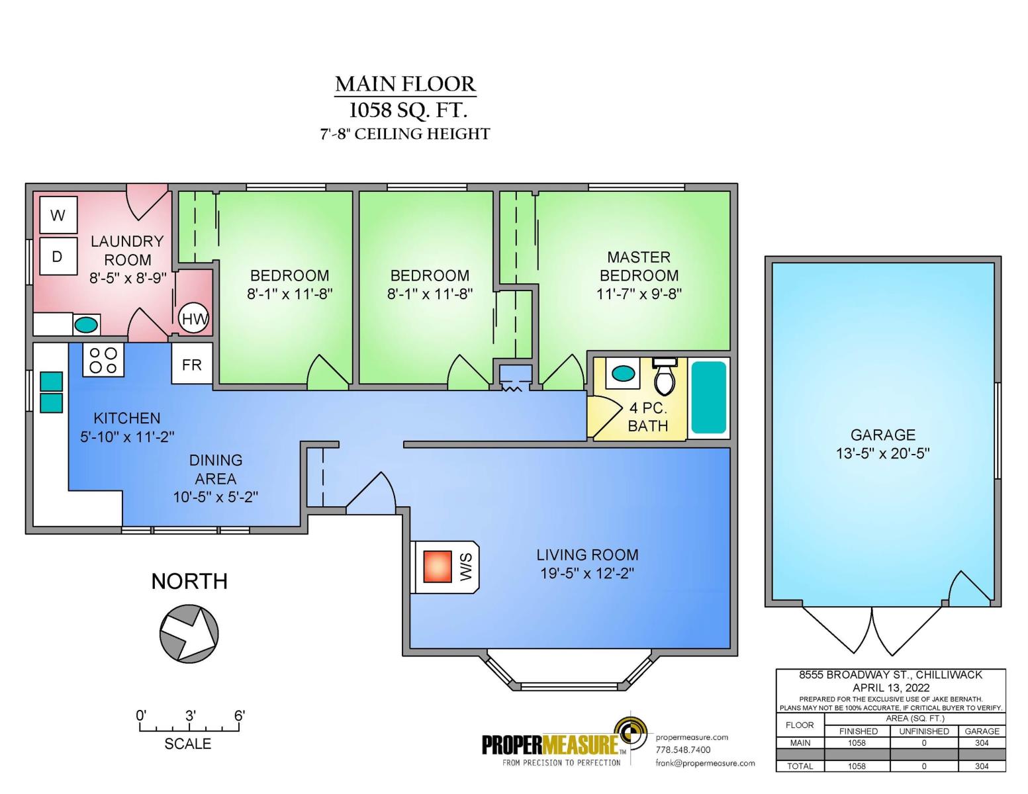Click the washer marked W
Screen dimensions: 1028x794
(x=58, y=215)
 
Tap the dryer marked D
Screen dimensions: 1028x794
(x=58, y=256)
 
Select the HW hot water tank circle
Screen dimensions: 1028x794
(x=193, y=319)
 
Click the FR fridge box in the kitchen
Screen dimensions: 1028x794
(x=191, y=364)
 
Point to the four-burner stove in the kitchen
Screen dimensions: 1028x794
(x=103, y=361)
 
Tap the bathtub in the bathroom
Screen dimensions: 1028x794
(x=708, y=397)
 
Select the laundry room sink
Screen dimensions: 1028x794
(x=86, y=325)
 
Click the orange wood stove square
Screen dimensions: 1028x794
(x=438, y=566)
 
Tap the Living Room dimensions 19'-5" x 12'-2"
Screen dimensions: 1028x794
(x=587, y=573)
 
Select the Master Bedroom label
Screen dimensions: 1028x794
(x=639, y=266)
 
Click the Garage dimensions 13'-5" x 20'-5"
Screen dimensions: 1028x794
(x=882, y=453)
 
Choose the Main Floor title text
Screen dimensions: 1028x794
(x=405, y=84)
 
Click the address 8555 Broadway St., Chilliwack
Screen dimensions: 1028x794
(x=890, y=675)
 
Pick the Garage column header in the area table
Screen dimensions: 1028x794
(x=982, y=731)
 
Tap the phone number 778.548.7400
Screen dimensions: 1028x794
(x=682, y=750)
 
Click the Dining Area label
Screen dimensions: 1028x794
(x=216, y=469)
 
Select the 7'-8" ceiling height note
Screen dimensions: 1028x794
(x=405, y=134)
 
